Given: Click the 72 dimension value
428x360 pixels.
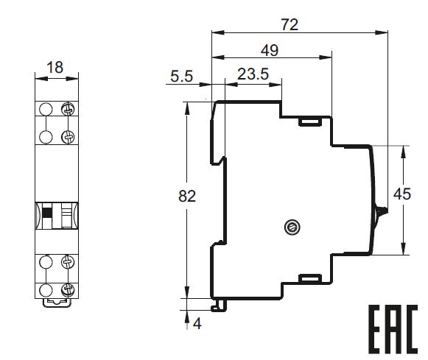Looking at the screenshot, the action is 290,25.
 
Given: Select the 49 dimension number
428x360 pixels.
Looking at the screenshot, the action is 270,51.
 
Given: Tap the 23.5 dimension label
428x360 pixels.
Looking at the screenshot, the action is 253,74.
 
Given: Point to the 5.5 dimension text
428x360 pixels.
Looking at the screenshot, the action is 181,76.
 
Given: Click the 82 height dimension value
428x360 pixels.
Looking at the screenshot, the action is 187,196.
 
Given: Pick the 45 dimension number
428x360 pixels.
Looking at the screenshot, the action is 402,194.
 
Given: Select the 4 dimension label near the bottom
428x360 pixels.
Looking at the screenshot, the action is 197,324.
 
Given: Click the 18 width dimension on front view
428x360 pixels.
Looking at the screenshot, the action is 55,67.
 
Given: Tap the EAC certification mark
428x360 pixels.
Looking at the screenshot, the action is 393,329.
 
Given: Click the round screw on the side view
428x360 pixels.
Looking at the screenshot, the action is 292,227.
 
